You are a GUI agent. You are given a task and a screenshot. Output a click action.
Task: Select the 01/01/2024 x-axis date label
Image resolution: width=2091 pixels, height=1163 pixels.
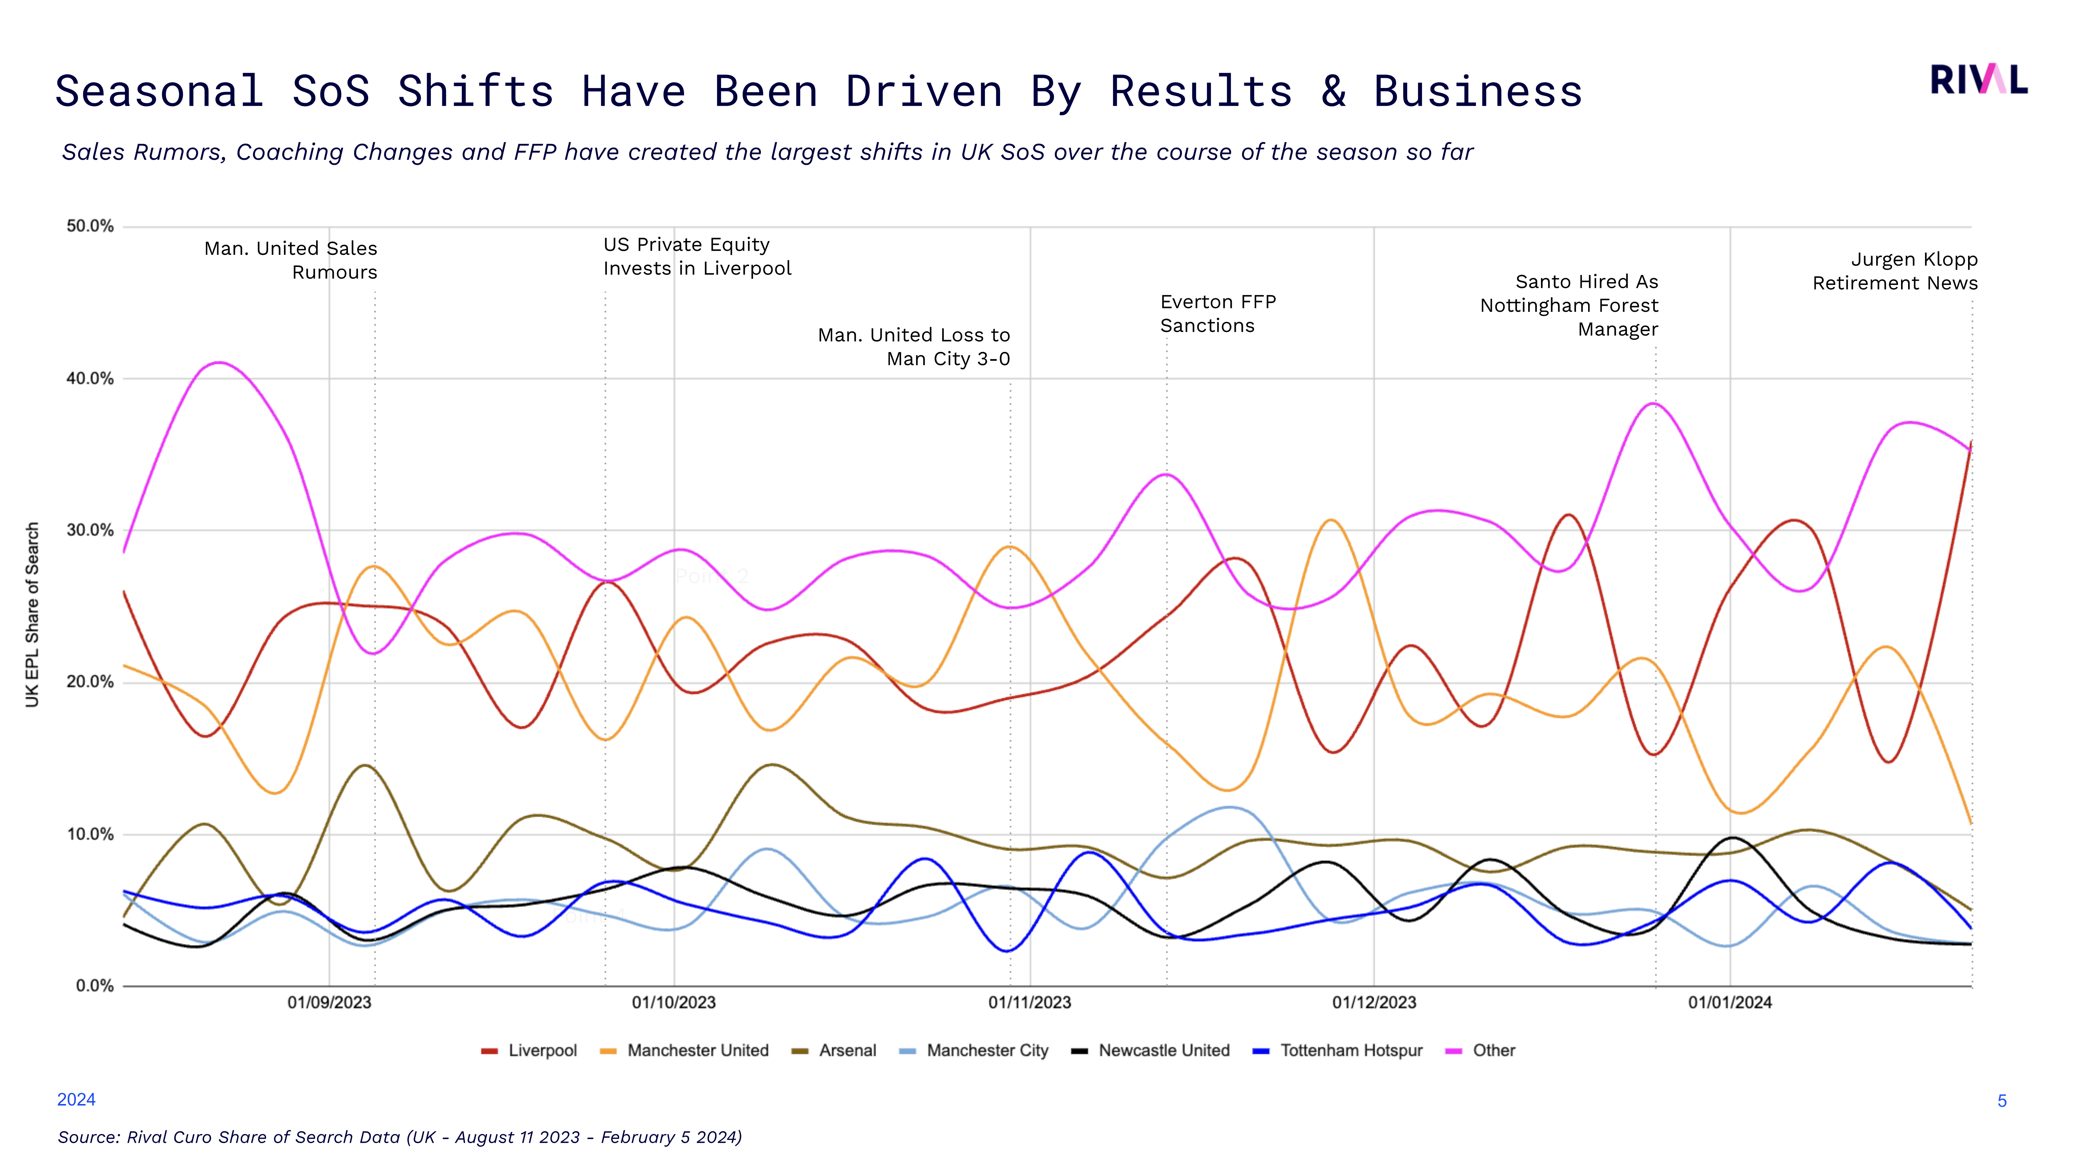point(1730,1003)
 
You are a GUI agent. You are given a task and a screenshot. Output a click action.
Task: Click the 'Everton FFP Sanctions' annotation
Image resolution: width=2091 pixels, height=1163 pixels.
point(1218,314)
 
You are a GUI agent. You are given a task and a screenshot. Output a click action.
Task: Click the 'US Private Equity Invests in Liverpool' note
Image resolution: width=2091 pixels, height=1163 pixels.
point(697,257)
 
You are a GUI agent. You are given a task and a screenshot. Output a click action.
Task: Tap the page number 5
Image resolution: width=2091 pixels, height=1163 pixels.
point(2002,1101)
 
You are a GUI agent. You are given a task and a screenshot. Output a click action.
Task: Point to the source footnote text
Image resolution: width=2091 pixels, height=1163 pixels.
point(399,1137)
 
